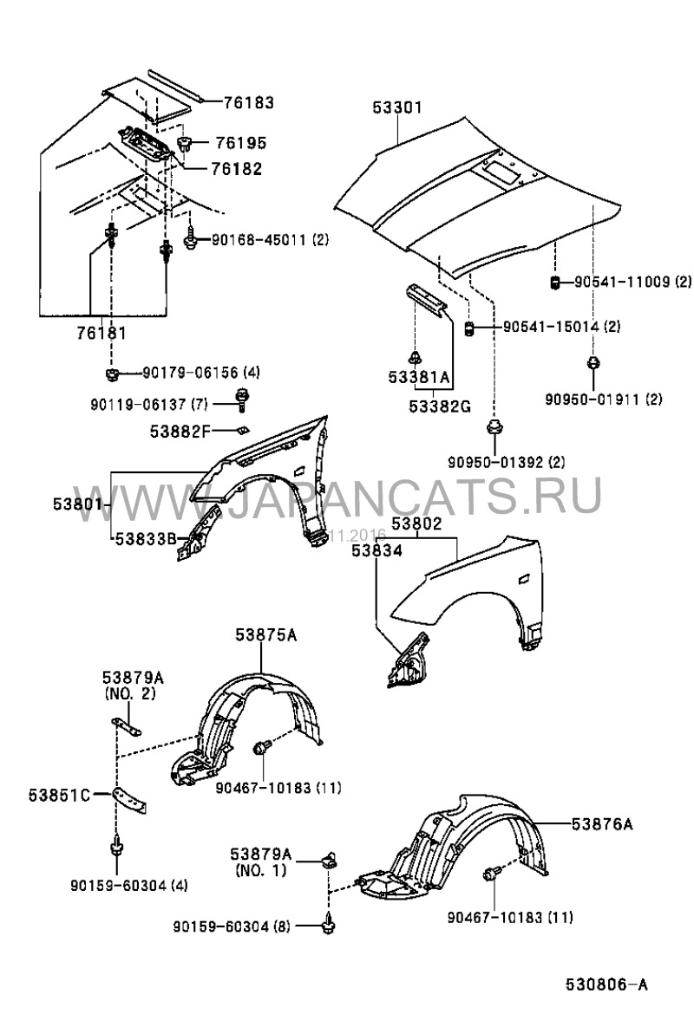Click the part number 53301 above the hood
[x=397, y=108]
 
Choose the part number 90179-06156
[x=189, y=373]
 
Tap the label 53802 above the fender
[x=416, y=523]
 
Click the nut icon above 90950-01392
[x=494, y=426]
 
